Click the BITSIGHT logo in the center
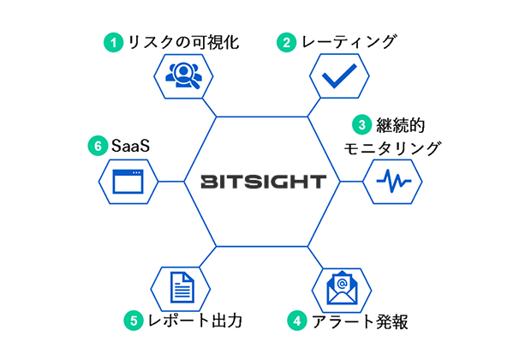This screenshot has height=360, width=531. pyautogui.click(x=264, y=181)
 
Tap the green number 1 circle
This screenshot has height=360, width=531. pyautogui.click(x=111, y=41)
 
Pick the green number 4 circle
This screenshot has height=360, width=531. pyautogui.click(x=295, y=321)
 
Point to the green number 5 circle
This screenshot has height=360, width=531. pyautogui.click(x=134, y=321)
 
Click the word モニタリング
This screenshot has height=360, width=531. pyautogui.click(x=392, y=148)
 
